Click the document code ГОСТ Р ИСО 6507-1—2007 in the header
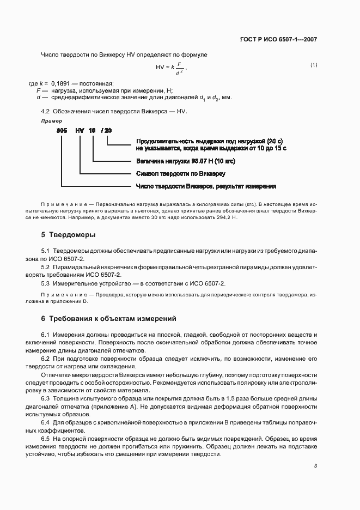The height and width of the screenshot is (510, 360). click(278, 40)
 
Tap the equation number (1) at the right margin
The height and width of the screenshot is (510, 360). click(314, 65)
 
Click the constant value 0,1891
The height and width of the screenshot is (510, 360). click(60, 83)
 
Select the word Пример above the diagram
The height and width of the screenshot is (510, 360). click(52, 120)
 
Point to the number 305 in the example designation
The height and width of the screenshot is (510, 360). click(62, 131)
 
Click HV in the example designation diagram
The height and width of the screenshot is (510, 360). click(80, 131)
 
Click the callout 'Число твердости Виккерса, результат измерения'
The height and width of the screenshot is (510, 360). click(206, 186)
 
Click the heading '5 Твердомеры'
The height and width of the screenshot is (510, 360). click(68, 235)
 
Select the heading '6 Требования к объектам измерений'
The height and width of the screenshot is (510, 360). click(109, 318)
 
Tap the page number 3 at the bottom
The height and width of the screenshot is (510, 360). click(315, 465)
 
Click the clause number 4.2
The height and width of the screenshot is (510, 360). click(46, 111)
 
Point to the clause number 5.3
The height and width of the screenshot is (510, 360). click(46, 284)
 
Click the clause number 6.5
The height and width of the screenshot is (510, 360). click(46, 439)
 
